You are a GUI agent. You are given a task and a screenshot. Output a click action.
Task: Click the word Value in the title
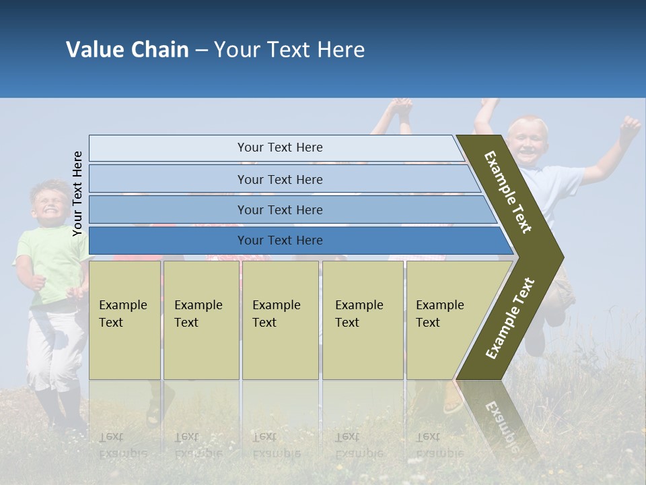94,50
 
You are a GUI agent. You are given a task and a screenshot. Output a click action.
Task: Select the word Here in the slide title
340,50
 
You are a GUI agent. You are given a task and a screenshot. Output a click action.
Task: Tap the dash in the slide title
201,51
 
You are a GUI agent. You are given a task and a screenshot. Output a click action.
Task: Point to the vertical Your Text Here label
77,194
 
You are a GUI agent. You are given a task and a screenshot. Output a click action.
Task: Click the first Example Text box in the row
124,320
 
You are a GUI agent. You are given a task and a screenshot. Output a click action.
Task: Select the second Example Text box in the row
201,320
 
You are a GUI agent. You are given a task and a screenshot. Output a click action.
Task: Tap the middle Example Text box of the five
280,320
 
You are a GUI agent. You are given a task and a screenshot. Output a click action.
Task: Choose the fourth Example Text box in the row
363,320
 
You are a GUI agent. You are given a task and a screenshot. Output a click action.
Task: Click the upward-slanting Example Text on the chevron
510,319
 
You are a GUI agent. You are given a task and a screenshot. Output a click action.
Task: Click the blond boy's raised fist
629,126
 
